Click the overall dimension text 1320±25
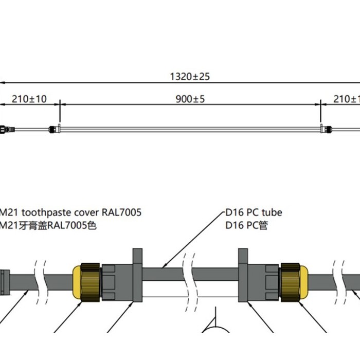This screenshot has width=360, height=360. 190,77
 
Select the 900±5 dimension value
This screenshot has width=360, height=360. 190,99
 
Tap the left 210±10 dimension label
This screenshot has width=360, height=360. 29,99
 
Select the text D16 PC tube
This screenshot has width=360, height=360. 254,212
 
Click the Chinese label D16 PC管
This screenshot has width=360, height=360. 246,225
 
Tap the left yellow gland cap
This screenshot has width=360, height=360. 77,283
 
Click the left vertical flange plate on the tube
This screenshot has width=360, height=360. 138,276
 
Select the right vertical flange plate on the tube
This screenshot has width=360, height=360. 242,276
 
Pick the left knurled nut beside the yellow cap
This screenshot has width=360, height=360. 91,283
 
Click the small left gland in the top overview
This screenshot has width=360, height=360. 53,130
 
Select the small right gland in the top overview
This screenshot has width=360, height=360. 326,130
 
